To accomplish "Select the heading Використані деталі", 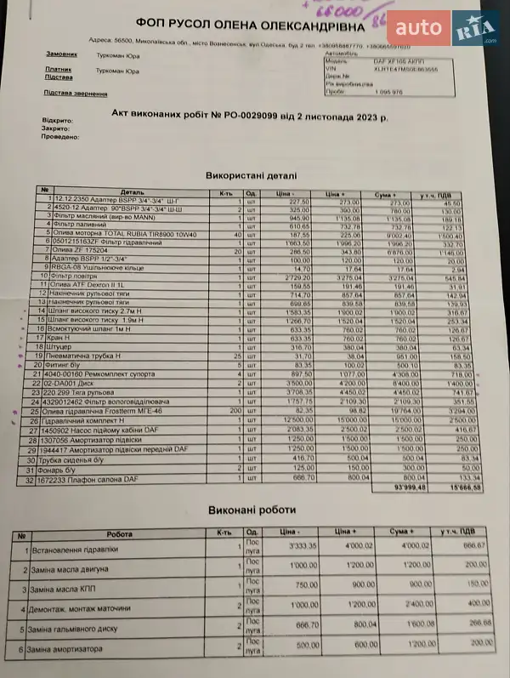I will pos(252,175).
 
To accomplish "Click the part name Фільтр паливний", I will pos(81,225).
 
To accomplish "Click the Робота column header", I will pos(120,533).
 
